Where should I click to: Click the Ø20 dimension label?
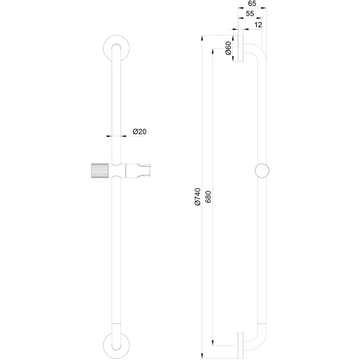coord(139,132)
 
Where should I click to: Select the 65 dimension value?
coord(252,4)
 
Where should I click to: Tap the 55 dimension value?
coord(250,14)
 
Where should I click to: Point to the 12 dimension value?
coord(259,25)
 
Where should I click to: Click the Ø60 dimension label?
coord(228,48)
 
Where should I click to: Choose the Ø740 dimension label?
coord(198,196)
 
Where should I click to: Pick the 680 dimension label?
coord(208,196)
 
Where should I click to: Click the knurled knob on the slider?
coord(100,171)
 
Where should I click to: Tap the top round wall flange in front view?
coord(116,48)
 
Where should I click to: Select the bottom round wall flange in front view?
coord(116,345)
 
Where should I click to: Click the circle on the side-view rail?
coord(262,171)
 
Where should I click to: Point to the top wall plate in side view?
coord(240,48)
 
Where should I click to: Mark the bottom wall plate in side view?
coord(240,345)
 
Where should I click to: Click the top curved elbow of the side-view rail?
coord(260,49)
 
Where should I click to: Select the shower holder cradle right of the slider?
coord(138,171)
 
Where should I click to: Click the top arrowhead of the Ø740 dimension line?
coord(202,38)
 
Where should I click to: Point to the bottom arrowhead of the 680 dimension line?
coord(213,342)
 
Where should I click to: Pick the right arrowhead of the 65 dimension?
coord(264,8)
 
